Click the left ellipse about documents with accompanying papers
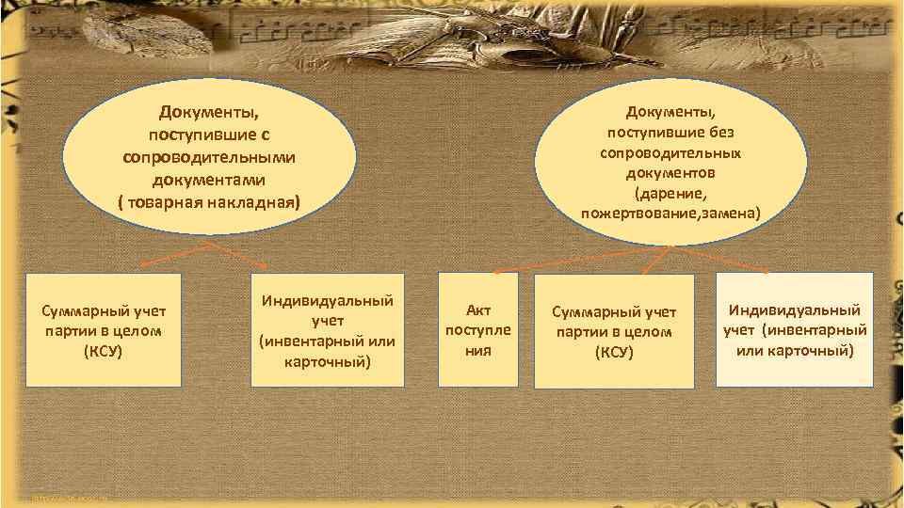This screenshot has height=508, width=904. point(209,156)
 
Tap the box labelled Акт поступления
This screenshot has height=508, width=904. point(478,329)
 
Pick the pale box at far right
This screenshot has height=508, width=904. point(794,329)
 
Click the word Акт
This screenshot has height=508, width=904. point(478,310)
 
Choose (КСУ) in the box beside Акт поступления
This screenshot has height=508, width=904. point(613,353)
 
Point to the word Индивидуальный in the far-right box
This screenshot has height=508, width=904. point(795,310)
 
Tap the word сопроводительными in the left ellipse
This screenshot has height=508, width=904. point(209,156)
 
